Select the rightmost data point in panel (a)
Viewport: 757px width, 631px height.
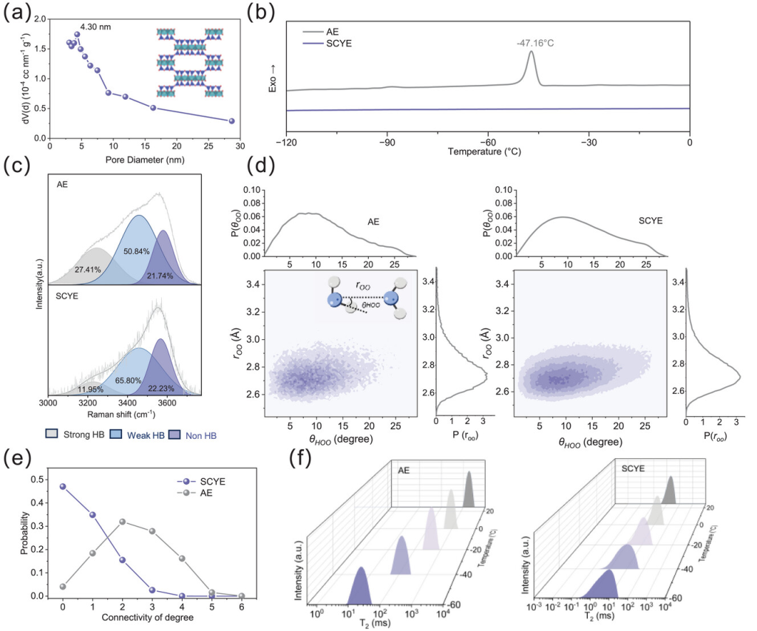(x=231, y=121)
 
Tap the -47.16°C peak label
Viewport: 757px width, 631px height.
(x=535, y=44)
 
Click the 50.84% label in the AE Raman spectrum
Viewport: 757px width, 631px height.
(x=138, y=252)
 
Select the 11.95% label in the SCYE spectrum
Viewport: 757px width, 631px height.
(x=91, y=389)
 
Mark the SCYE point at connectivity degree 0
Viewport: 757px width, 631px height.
(x=62, y=486)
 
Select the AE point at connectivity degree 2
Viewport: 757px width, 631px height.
(x=123, y=522)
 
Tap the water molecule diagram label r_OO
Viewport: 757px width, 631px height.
(x=362, y=284)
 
